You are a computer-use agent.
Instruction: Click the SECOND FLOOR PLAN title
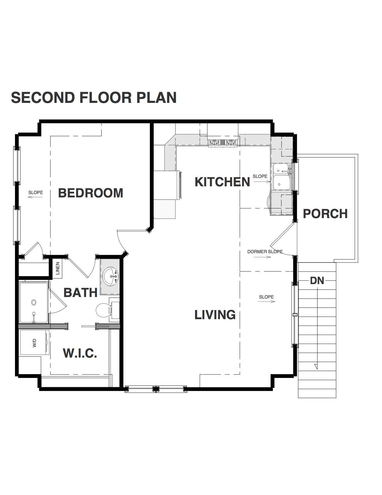pos(93,98)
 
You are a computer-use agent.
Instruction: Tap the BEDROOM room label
pos(90,193)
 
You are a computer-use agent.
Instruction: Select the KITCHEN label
pos(222,182)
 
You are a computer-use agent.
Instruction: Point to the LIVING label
pos(215,315)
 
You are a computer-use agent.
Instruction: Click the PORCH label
pos(325,214)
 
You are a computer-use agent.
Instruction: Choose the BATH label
pos(80,292)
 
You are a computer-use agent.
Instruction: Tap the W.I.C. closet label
pos(80,353)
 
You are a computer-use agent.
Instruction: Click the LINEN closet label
pos(58,268)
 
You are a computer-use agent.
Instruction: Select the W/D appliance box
pos(34,343)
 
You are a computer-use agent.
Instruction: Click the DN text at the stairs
pos(317,280)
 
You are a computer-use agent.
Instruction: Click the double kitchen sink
pos(281,177)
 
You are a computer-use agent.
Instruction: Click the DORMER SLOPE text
pos(265,252)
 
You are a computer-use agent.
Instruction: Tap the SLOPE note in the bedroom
pos(35,193)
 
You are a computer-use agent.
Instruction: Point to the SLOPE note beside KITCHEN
pos(260,176)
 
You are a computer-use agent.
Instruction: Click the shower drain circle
pos(34,302)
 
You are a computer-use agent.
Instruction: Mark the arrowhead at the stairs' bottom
pos(315,366)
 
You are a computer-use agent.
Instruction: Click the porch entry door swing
pos(282,240)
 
